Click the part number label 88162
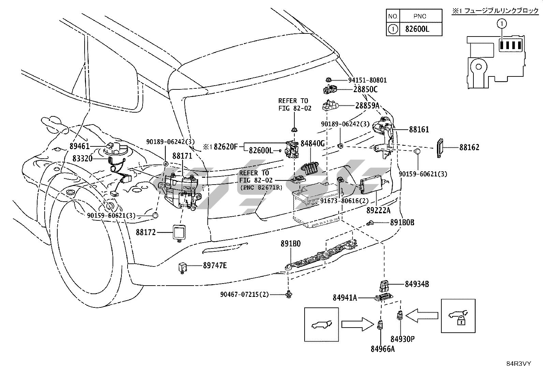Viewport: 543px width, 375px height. coord(469,147)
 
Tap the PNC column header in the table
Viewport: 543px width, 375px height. coord(420,16)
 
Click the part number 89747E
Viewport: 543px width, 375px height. coord(215,265)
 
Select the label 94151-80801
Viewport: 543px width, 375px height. coord(367,81)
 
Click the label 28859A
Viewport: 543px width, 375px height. coord(367,106)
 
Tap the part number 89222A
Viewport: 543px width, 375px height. coord(378,211)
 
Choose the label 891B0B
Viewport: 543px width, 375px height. coord(402,222)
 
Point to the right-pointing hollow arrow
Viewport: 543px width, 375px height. coord(357,323)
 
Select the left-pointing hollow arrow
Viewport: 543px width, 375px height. coord(422,315)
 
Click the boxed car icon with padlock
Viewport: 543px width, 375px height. coord(458,316)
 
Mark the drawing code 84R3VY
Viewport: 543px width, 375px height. coord(519,364)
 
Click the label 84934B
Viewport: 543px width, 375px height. coord(417,284)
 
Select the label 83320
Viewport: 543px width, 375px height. coord(82,158)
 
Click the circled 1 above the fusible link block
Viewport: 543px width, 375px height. coord(501,23)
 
